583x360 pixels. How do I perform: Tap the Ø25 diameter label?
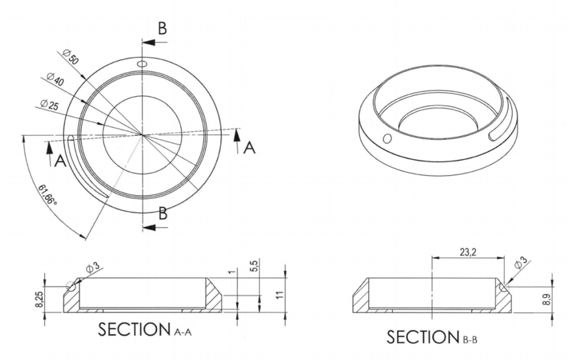(49, 106)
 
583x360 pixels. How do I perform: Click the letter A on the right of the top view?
(249, 148)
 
